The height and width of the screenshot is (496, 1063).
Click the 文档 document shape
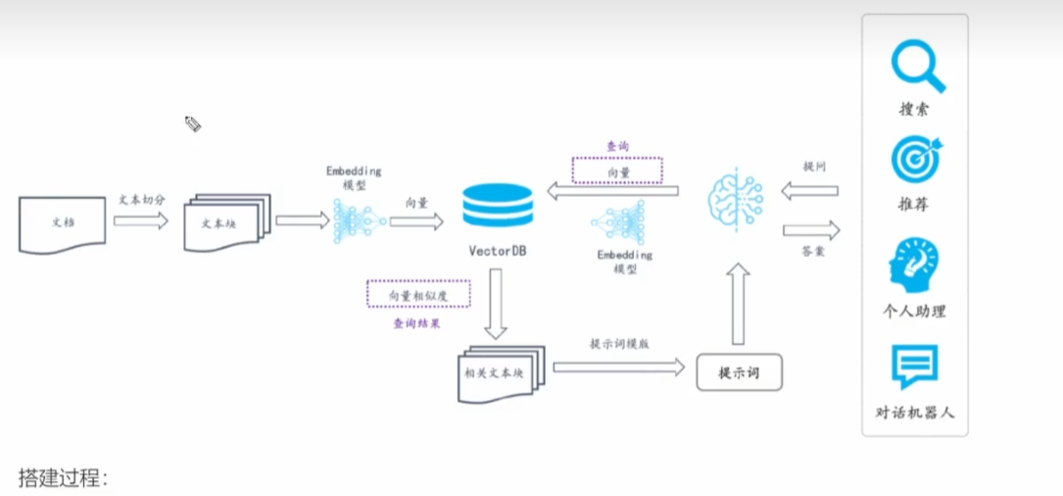62,223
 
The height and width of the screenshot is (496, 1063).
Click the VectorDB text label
497,251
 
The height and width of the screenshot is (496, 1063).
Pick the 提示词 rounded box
740,372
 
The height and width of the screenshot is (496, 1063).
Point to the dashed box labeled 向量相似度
418,294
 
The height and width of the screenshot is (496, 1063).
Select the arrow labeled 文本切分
141,221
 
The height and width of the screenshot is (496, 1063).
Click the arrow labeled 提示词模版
618,367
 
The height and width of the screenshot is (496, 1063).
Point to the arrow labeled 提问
809,190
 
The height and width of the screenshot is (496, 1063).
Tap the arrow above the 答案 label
810,231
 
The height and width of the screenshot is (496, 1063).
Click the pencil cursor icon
193,124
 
